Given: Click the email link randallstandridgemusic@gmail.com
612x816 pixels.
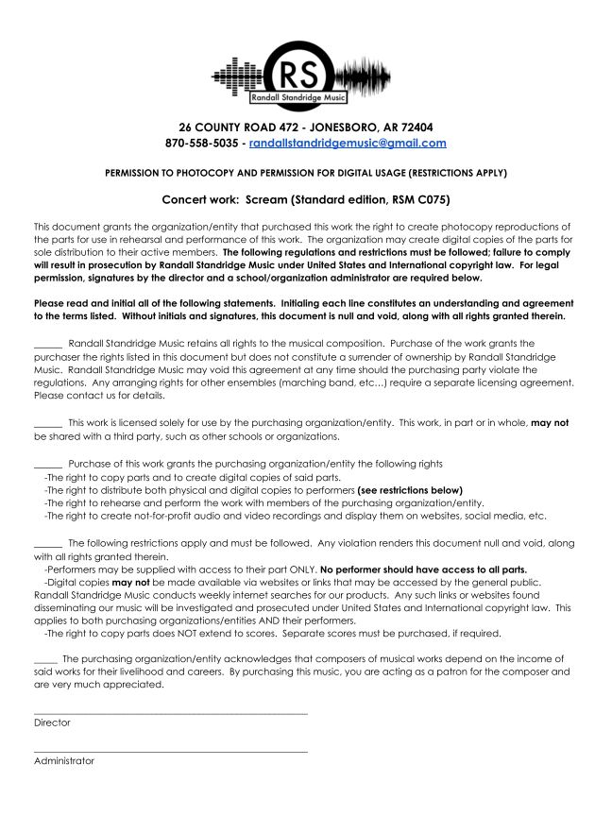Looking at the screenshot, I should point(348,144).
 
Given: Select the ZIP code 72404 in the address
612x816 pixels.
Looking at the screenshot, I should point(415,127).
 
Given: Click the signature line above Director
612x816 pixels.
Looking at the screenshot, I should point(171,714).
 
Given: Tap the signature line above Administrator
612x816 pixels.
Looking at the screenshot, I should point(171,752).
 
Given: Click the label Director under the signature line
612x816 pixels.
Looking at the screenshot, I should point(52,722).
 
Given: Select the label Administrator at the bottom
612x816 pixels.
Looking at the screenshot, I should point(64,760).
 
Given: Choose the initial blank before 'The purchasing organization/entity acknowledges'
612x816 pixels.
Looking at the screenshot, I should point(45,659).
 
